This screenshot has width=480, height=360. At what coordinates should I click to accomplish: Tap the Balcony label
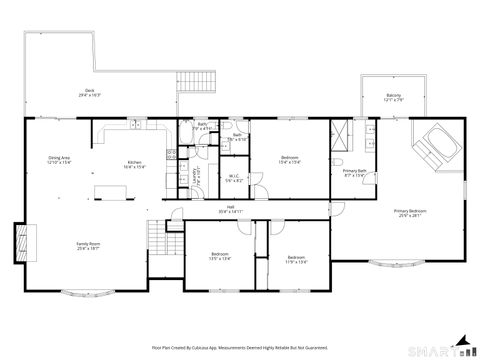click(x=394, y=98)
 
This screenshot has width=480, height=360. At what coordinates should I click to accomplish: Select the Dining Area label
click(x=59, y=160)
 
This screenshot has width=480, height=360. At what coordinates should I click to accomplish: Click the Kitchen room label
click(x=133, y=165)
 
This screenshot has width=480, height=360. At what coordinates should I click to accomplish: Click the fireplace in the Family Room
click(x=20, y=242)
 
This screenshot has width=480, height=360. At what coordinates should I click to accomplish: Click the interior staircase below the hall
click(x=160, y=237)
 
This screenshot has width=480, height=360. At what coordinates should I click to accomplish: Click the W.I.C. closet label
click(x=232, y=179)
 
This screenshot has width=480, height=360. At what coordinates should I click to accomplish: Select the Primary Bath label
click(x=354, y=173)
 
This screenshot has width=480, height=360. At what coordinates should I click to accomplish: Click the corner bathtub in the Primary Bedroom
click(x=436, y=145)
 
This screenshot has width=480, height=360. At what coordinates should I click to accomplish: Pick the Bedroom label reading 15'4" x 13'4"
click(x=289, y=160)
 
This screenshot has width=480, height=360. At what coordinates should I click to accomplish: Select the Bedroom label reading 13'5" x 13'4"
click(x=220, y=257)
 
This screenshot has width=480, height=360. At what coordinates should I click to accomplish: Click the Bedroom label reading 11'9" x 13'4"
click(x=297, y=259)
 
